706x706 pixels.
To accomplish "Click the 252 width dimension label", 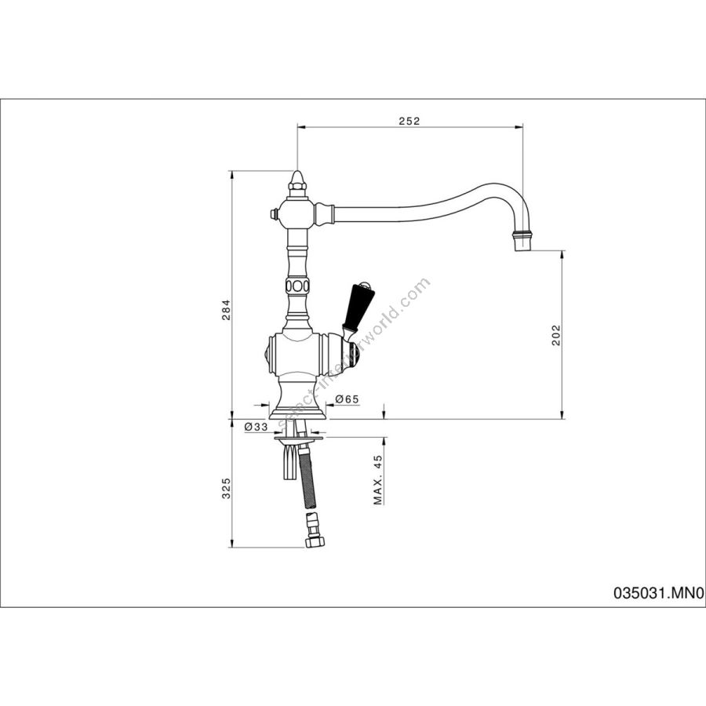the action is [x=409, y=121].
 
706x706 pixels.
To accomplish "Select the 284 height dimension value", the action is [x=227, y=309].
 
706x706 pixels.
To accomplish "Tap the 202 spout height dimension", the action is [x=556, y=334].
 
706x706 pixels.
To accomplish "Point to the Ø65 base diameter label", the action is [x=347, y=398].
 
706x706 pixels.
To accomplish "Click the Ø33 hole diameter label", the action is [x=256, y=427].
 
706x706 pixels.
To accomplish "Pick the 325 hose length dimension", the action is [x=227, y=488].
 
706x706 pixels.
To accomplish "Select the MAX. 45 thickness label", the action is [x=377, y=479].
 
